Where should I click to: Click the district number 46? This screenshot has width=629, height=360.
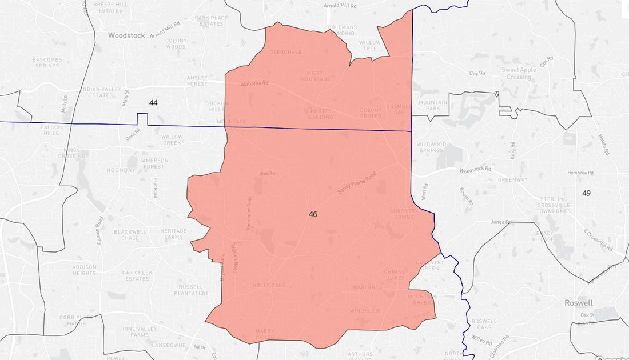point(313,214)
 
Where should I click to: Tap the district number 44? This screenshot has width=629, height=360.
point(153,103)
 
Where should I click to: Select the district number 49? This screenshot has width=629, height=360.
point(586,193)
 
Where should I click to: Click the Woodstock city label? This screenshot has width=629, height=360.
point(127,35)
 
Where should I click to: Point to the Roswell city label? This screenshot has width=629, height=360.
point(578,303)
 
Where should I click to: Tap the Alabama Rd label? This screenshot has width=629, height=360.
point(254,83)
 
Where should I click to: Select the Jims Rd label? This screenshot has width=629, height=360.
point(267,173)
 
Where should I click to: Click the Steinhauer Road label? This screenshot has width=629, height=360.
point(249,214)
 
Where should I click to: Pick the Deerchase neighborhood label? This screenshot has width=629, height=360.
point(285,52)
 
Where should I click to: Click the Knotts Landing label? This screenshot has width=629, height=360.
point(321,113)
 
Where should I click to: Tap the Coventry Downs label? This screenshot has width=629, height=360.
point(405,214)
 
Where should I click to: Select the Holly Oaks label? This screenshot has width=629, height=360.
point(269,285)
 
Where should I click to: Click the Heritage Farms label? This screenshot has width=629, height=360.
point(173,234)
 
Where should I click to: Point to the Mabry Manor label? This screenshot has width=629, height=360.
point(264,333)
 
